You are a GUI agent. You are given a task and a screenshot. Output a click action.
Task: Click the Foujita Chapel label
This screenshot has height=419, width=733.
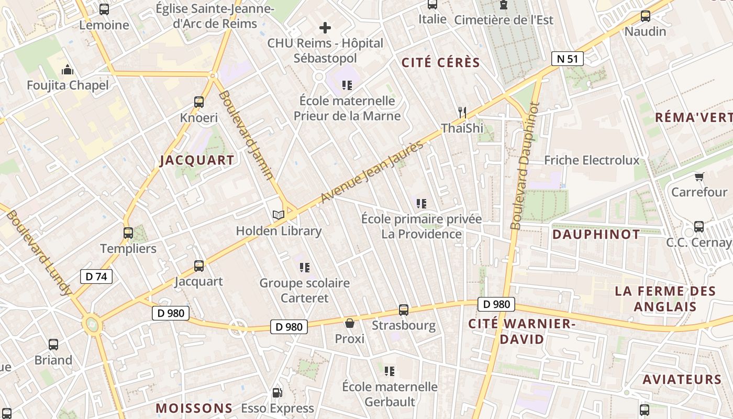point(68,85)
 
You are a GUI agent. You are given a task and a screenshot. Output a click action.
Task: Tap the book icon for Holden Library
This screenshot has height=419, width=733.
point(278,215)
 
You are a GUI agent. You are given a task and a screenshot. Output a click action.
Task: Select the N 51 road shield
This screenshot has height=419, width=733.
point(567,59)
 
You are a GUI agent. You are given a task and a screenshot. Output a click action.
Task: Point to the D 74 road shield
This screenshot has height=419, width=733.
point(96,277)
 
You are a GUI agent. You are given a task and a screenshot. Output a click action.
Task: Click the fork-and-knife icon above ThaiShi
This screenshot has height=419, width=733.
point(462,112)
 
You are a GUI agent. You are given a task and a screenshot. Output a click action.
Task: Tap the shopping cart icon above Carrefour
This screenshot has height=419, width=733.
point(699,177)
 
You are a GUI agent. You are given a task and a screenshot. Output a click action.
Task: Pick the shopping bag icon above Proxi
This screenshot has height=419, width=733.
point(349,323)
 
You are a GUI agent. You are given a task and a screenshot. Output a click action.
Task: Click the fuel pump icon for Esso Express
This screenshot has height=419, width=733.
point(277,392)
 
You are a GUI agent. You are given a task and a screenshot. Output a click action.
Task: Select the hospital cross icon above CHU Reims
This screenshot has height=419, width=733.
point(325,27)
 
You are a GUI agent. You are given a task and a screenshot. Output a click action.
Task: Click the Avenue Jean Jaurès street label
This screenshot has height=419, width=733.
point(372,171)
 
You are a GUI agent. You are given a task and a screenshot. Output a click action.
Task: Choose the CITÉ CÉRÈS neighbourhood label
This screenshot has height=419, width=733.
point(440,63)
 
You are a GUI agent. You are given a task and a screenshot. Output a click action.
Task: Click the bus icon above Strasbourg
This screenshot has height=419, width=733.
point(404,310)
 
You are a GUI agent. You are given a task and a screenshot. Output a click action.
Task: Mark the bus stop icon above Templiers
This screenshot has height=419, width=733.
point(128,233)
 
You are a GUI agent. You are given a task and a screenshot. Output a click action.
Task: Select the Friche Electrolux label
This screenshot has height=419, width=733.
point(592,160)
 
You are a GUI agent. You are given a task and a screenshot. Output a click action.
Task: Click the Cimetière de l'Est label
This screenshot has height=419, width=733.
point(504,20)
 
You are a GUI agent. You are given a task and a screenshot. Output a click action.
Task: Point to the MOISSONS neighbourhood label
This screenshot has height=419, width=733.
point(194,408)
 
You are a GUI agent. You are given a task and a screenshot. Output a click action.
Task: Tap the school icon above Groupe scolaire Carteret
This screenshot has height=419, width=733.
point(304,268)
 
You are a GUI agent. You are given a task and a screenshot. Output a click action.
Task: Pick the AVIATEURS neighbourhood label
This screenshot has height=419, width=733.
point(682,379)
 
